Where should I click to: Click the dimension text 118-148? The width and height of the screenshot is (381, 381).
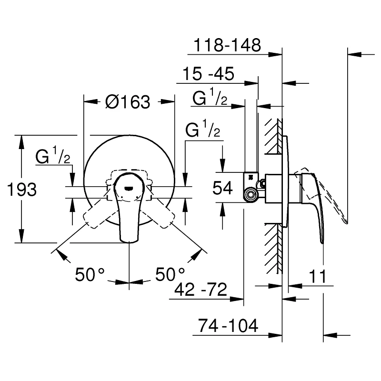pyautogui.click(x=227, y=45)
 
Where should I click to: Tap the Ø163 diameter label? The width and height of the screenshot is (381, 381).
pyautogui.click(x=127, y=101)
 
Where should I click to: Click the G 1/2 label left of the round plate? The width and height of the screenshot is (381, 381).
pyautogui.click(x=53, y=157)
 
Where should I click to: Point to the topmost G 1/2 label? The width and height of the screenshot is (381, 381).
pyautogui.click(x=210, y=98)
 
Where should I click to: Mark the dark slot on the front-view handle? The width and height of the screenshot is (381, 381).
pyautogui.click(x=129, y=187)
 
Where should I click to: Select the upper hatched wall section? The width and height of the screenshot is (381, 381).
pyautogui.click(x=273, y=136)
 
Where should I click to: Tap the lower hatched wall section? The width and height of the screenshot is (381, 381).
pyautogui.click(x=273, y=247)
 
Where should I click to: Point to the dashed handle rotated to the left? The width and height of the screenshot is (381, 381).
pyautogui.click(x=98, y=212)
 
